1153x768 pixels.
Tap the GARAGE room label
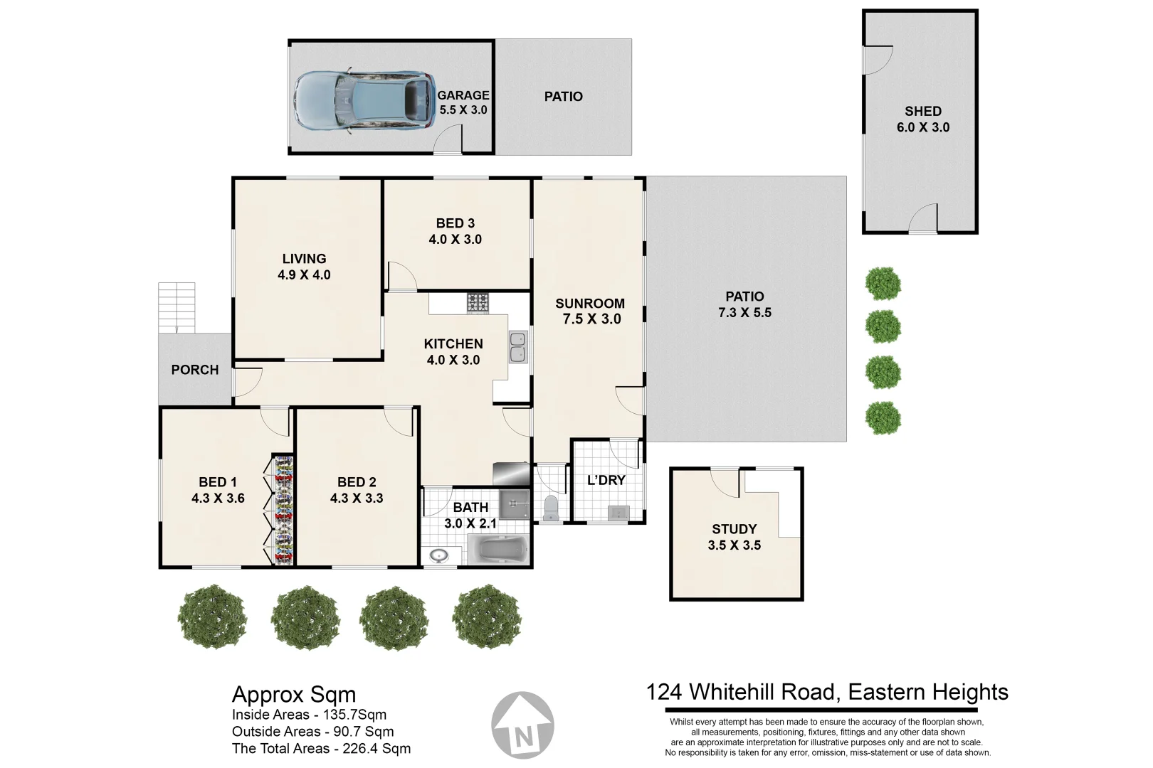click(463, 95)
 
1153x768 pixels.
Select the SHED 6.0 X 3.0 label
click(922, 119)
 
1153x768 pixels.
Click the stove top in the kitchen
click(478, 303)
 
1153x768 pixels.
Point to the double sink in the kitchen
click(518, 346)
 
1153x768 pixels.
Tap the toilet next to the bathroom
click(550, 508)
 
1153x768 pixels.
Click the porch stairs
click(176, 307)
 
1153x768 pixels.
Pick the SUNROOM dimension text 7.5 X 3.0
click(591, 319)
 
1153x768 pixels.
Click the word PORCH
click(194, 370)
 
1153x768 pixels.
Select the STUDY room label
click(734, 529)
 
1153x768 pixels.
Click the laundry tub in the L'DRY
click(617, 513)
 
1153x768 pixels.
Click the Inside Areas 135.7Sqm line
click(309, 715)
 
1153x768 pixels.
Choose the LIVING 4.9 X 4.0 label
click(304, 267)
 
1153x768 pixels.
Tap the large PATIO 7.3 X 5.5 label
click(744, 304)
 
